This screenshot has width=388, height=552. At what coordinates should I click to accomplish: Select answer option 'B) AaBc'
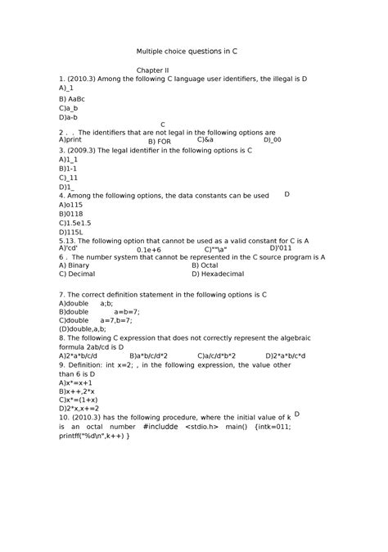pos(72,98)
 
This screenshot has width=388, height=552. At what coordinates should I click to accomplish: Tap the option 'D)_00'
pos(273,140)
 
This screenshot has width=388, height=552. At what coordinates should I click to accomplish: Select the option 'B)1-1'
pos(68,168)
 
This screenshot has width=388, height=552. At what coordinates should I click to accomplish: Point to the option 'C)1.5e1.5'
pos(76,222)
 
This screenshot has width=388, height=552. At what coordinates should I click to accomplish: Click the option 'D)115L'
pos(70,232)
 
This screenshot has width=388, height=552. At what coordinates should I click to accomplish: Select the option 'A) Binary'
pos(74,265)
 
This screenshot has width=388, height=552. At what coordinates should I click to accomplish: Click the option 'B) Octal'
pos(205,265)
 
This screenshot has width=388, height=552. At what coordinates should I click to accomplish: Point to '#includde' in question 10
pos(159,426)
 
